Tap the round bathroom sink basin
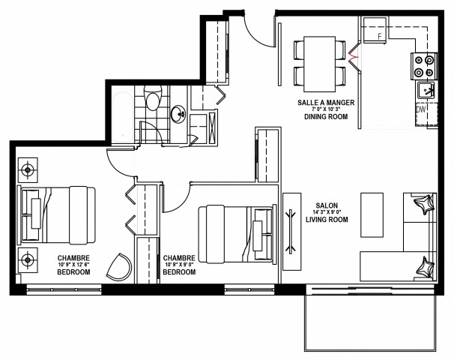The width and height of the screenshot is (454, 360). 179,115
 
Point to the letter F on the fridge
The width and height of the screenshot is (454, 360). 380,35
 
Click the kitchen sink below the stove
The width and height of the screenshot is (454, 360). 425,91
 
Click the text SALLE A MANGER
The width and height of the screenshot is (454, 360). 325,102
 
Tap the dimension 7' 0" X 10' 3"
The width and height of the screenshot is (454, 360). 325,110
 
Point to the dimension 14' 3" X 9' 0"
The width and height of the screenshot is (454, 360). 327,213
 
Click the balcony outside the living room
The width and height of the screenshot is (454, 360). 369,322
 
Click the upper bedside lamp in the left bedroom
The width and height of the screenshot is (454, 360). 28,169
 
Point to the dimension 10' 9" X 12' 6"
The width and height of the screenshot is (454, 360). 73,265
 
